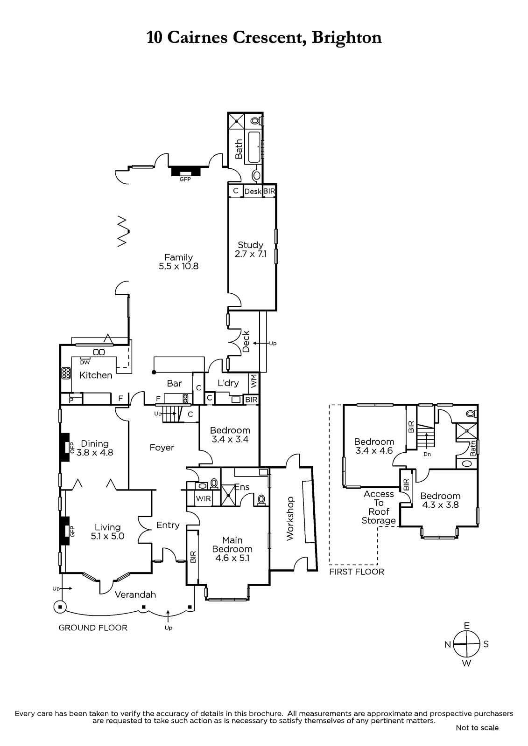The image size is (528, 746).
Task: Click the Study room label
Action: pyautogui.click(x=250, y=245)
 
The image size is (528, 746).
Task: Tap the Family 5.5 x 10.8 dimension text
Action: pyautogui.click(x=178, y=266)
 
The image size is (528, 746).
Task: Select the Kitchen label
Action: pyautogui.click(x=96, y=375)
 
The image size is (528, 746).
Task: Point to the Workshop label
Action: pyautogui.click(x=290, y=518)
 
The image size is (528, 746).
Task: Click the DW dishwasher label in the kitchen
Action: pyautogui.click(x=85, y=362)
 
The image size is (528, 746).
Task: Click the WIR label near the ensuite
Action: pyautogui.click(x=203, y=498)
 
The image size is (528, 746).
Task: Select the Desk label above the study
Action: pyautogui.click(x=253, y=192)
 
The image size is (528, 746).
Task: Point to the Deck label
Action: pyautogui.click(x=246, y=341)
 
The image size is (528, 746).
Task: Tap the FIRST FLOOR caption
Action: pyautogui.click(x=357, y=572)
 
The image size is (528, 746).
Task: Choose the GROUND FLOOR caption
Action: pyautogui.click(x=93, y=628)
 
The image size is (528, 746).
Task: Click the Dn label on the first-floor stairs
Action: pyautogui.click(x=427, y=454)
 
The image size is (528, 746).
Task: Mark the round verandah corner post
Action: pyautogui.click(x=60, y=607)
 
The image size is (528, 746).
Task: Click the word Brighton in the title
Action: pyautogui.click(x=346, y=37)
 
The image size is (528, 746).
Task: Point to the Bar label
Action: pyautogui.click(x=174, y=384)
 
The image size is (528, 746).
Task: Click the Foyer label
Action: pyautogui.click(x=162, y=448)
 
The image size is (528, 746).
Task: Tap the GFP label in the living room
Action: pyautogui.click(x=72, y=531)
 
